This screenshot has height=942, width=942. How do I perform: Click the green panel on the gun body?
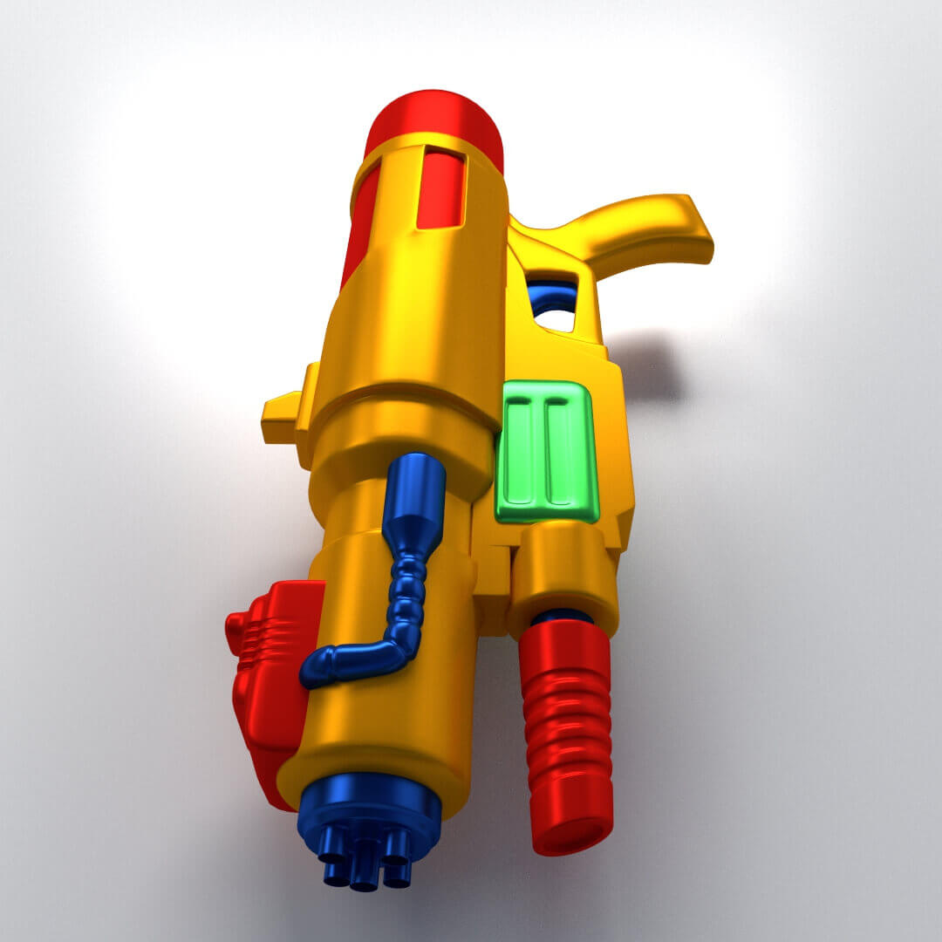tap(547, 452)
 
